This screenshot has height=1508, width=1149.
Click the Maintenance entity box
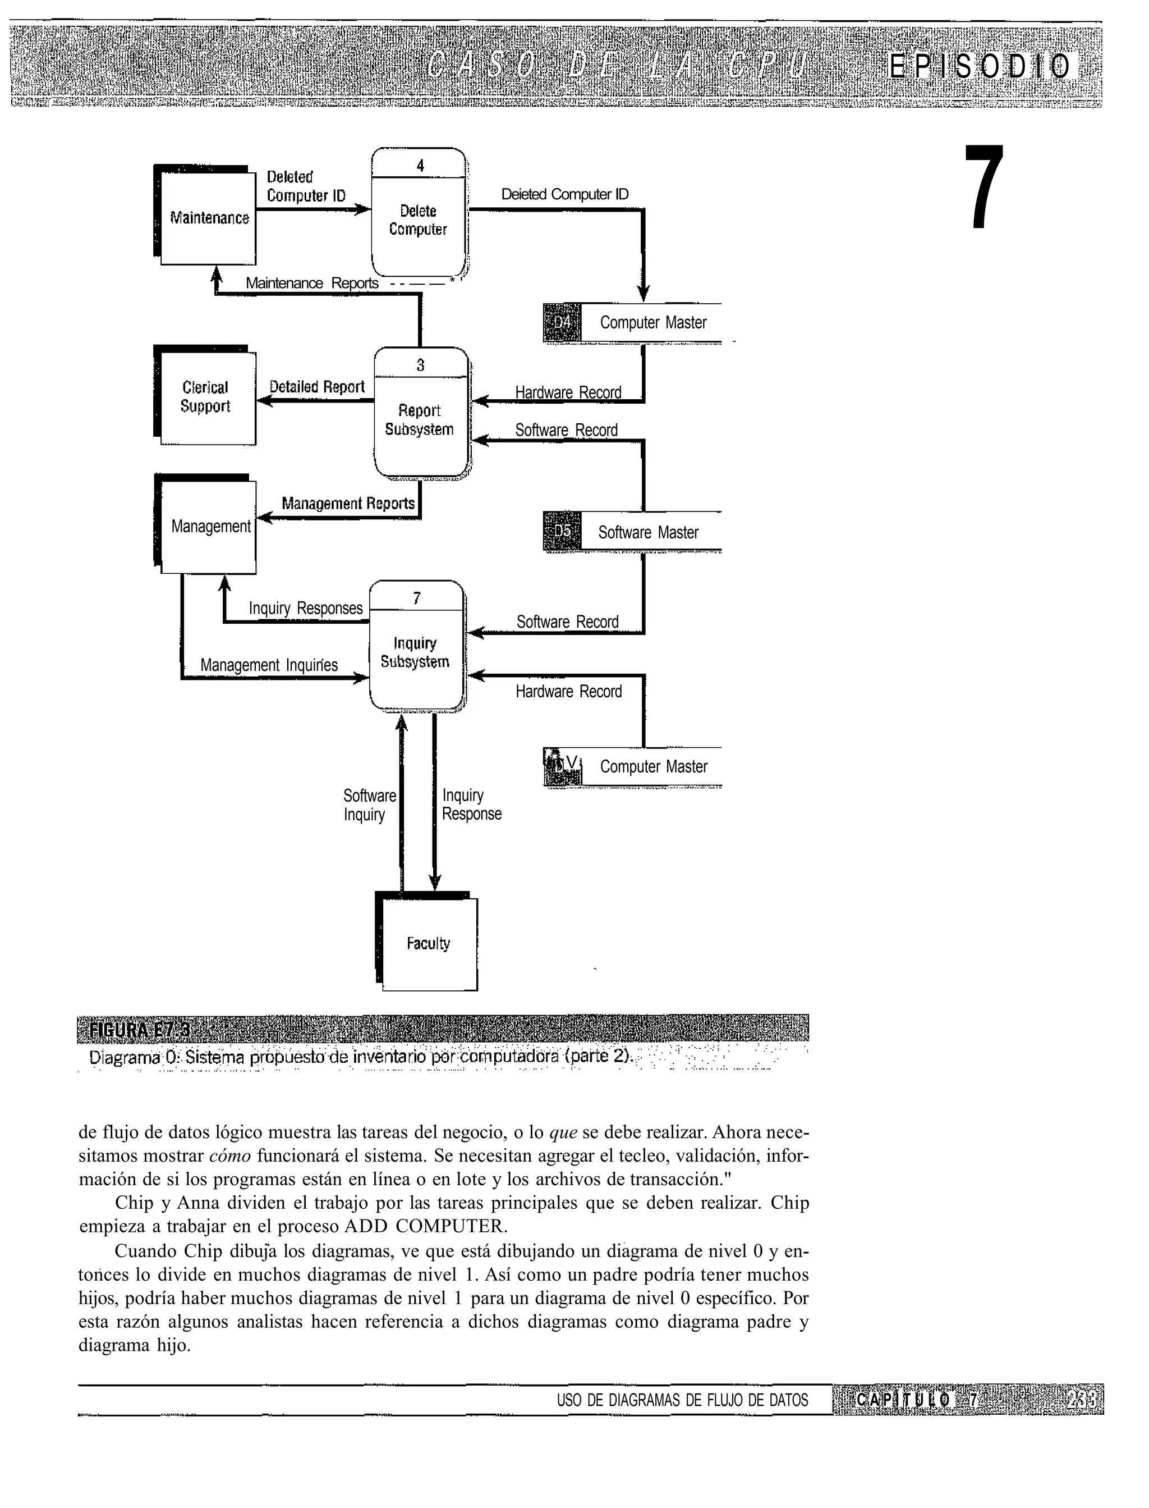click(208, 218)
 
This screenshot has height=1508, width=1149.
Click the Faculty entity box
click(429, 944)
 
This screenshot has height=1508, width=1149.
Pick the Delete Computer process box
click(419, 220)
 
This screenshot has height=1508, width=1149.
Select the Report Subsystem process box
click(420, 420)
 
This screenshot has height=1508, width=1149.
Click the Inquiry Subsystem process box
click(416, 652)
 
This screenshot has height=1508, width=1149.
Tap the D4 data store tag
click(562, 322)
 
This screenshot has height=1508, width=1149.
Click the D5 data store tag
click(562, 531)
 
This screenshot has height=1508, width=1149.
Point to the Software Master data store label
click(649, 532)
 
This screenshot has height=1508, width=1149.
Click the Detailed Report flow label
click(316, 387)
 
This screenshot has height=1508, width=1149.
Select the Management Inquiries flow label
click(269, 665)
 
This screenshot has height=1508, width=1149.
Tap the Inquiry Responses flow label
click(305, 608)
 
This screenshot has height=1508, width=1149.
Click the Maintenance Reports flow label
click(312, 284)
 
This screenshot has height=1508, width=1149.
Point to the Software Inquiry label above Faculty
click(369, 805)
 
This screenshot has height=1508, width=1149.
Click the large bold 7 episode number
click(985, 188)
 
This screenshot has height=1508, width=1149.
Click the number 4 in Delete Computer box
click(420, 166)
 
